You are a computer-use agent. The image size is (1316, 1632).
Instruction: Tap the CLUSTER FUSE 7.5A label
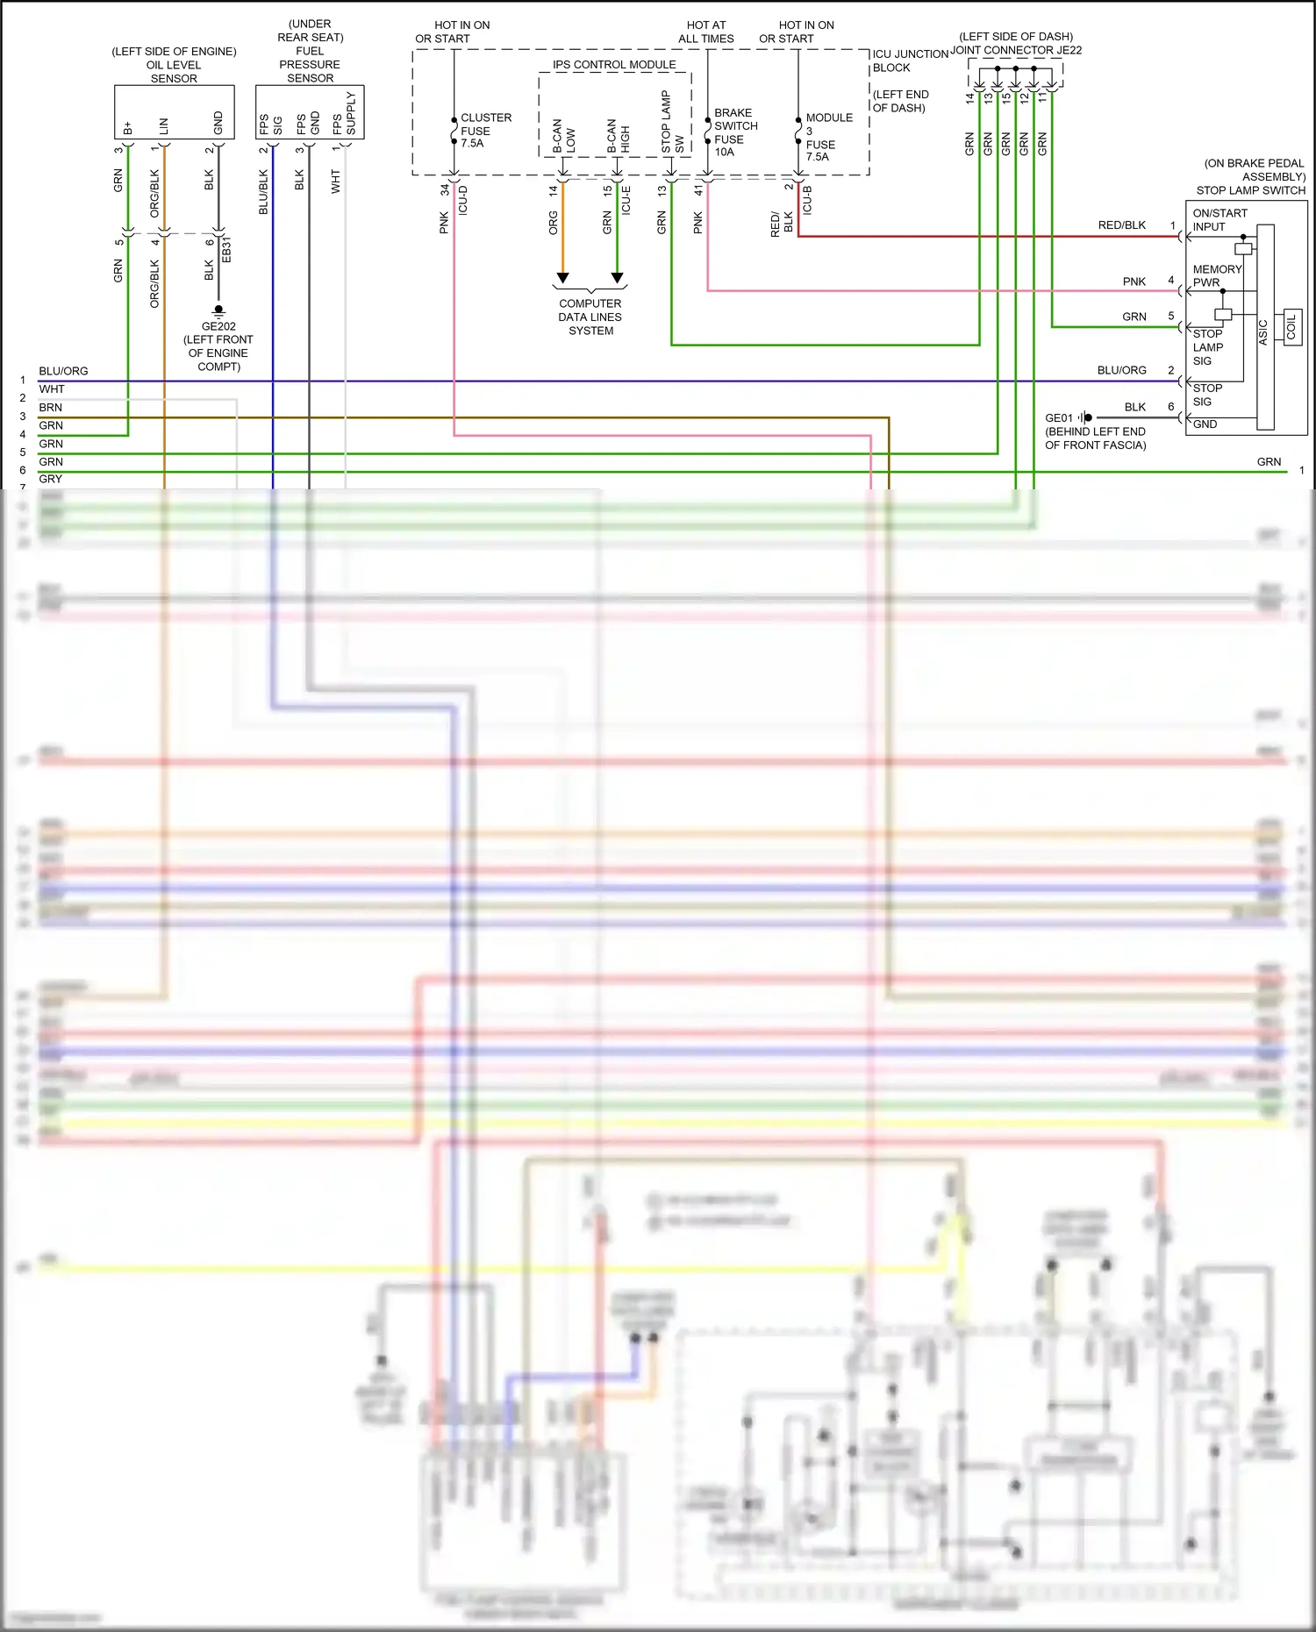484,130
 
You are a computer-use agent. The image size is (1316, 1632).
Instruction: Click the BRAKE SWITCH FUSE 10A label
735,132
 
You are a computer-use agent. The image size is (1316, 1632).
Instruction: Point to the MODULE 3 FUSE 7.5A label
827,137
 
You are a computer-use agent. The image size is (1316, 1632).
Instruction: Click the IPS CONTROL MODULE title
614,65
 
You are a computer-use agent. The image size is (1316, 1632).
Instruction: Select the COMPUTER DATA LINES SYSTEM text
590,317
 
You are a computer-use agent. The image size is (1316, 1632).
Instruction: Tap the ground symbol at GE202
218,310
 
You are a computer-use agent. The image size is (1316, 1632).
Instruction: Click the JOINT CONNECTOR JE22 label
1016,50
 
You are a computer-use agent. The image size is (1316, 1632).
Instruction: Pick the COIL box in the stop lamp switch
1291,327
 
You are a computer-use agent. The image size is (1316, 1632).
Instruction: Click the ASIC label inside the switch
1263,331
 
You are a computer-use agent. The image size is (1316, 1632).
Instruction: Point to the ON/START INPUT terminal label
1219,220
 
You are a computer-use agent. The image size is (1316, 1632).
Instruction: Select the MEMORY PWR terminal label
1216,275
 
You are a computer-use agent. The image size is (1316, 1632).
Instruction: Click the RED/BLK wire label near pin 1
1121,225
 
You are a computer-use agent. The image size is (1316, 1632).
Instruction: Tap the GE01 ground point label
1059,418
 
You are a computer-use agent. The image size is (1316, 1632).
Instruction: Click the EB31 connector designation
226,249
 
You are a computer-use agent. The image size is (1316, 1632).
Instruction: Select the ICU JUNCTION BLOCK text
909,61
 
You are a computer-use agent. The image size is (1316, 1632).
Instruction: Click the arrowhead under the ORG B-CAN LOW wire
563,278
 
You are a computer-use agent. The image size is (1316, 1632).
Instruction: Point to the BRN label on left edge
50,408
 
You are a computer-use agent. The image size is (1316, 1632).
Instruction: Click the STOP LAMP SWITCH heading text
1250,190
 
